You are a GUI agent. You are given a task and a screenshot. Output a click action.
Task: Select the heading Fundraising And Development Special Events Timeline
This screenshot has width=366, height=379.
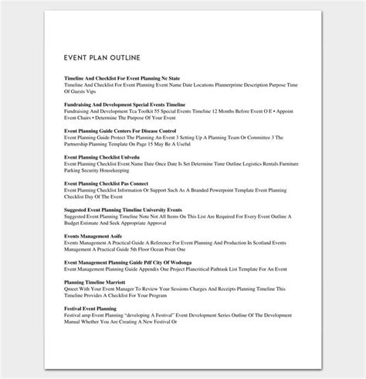click(125, 103)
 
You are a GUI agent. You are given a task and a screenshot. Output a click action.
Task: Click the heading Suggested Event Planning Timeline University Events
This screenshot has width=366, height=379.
click(124, 210)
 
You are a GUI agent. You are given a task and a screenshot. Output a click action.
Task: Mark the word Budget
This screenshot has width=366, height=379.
click(76, 222)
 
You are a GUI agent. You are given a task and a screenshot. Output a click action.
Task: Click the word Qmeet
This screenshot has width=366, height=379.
click(76, 289)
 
